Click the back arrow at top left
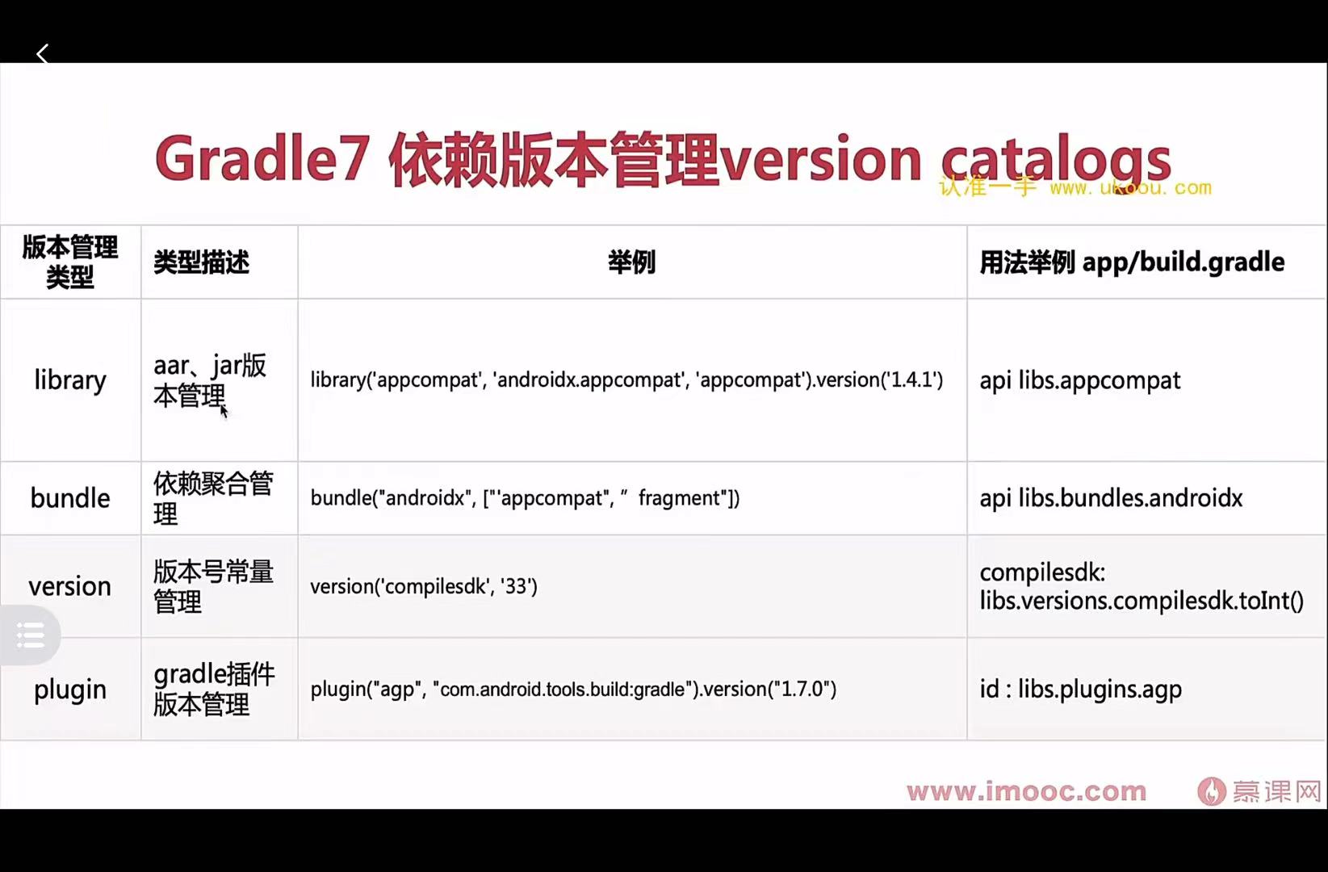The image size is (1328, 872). point(43,54)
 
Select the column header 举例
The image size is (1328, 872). point(631,262)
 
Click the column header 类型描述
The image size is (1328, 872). point(201,262)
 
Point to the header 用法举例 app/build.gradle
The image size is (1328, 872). point(1132,262)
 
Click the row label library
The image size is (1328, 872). point(70,380)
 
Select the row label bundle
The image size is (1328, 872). point(70,498)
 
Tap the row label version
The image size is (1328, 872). point(70,586)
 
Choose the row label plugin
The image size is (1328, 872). point(70,690)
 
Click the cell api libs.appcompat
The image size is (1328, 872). point(1079,380)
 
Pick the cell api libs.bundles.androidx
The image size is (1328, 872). point(1111,498)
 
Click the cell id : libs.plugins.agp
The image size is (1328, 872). point(1080,690)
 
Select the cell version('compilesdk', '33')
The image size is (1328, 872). point(424,586)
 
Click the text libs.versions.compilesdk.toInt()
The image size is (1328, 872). point(1142,601)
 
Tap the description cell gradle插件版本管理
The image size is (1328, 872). point(214,690)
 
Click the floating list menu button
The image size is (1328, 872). point(31,635)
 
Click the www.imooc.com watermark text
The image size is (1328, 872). point(1026,791)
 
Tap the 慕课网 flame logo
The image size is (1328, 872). point(1211,791)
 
